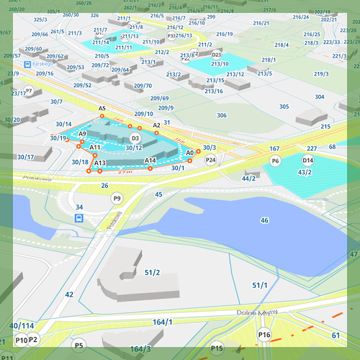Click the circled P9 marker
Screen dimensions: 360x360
tap(116, 198)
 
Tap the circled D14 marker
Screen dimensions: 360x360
tap(308, 160)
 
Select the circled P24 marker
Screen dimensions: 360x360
tap(210, 160)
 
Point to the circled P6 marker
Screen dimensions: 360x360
tap(275, 161)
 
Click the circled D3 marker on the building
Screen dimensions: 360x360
tap(135, 138)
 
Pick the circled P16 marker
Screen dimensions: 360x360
tap(264, 334)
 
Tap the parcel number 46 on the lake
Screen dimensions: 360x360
tap(264, 220)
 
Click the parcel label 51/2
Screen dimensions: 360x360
tap(152, 271)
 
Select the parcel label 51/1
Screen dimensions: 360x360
tap(260, 286)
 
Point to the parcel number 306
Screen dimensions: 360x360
tap(222, 115)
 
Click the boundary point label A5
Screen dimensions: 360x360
tap(102, 108)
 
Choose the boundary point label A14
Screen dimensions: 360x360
tap(150, 160)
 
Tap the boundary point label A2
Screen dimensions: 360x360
tap(156, 125)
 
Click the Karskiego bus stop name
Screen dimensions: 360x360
tap(45, 63)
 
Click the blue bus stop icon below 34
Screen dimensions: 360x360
tap(79, 218)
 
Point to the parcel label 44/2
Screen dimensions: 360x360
tap(249, 178)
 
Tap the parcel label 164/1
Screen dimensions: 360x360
tap(163, 322)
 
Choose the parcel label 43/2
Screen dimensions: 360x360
tap(305, 172)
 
